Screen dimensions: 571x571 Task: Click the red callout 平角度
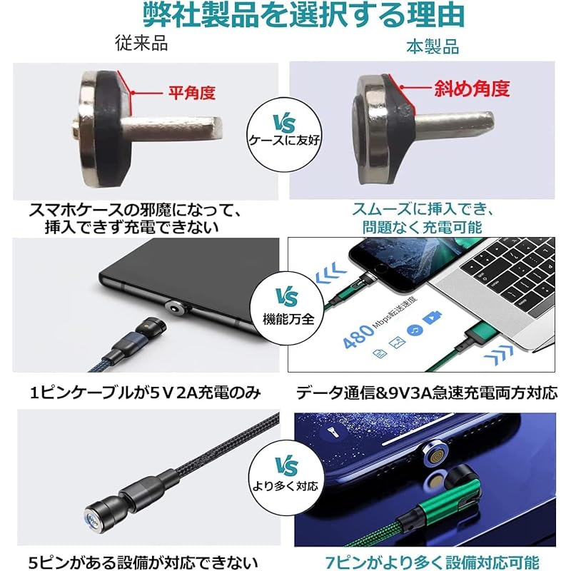tap(191, 92)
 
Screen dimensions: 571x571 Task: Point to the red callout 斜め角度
tap(472, 89)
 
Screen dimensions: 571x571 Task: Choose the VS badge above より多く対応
tap(283, 468)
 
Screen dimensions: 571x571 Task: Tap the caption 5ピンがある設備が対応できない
tap(143, 560)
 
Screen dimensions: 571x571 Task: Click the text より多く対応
tap(284, 489)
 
